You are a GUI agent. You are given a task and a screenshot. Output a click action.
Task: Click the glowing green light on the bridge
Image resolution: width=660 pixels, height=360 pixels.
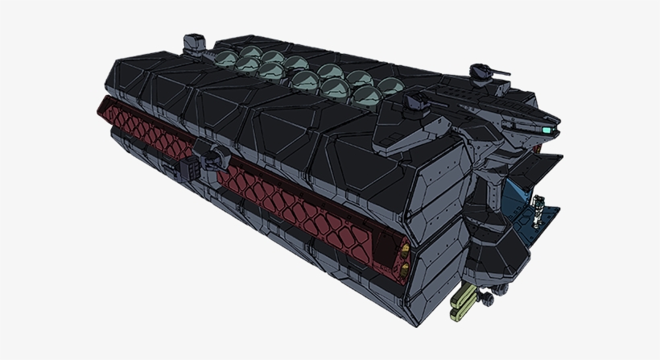tap(547, 128)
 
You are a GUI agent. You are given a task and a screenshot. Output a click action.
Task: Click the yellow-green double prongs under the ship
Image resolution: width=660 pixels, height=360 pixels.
tap(464, 299)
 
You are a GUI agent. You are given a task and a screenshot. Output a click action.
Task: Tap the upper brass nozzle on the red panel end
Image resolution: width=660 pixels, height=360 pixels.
tap(403, 243)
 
